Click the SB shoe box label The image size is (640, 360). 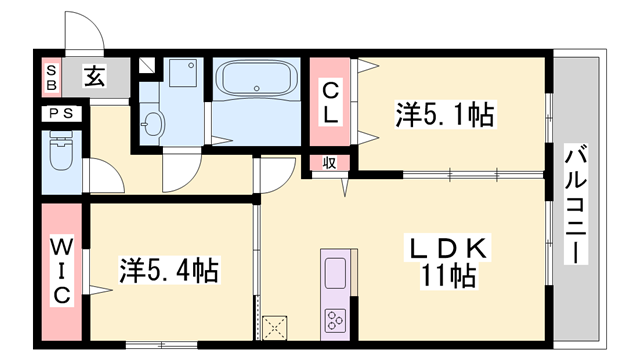click(51, 77)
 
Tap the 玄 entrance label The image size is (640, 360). click(93, 76)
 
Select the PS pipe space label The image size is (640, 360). click(58, 114)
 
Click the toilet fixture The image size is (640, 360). click(61, 155)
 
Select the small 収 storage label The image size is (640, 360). click(328, 163)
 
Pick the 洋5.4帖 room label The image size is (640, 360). click(169, 270)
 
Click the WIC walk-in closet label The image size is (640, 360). click(61, 269)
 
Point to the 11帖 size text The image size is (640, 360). click(446, 274)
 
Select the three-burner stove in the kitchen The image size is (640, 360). click(333, 320)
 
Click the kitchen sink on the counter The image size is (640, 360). click(333, 270)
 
